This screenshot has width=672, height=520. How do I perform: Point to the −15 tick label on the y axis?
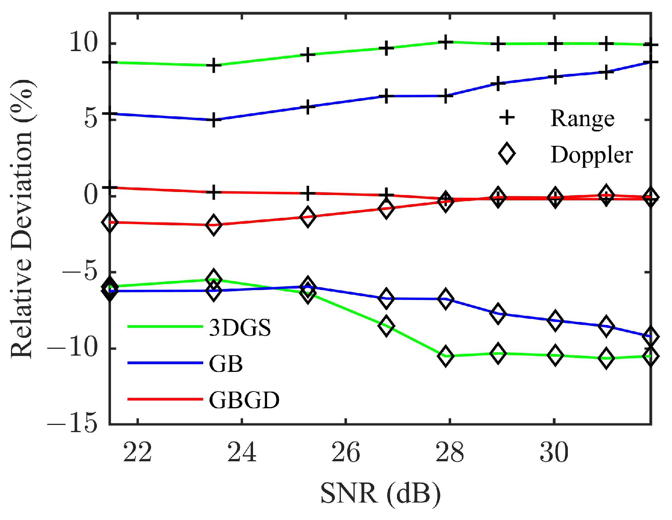click(72, 423)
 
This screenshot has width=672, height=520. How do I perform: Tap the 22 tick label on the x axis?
click(138, 452)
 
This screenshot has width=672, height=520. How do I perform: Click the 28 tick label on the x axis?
click(450, 452)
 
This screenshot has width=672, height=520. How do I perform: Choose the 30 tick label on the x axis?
click(554, 452)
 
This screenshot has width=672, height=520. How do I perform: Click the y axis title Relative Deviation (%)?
click(22, 219)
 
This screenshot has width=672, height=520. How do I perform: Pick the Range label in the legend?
click(582, 119)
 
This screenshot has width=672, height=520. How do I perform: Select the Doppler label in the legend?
click(591, 155)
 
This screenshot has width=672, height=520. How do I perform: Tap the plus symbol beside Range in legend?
click(507, 118)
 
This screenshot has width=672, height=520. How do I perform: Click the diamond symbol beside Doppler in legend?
click(507, 154)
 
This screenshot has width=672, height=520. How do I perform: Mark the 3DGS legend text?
click(240, 328)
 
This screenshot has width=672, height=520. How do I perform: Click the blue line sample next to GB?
click(165, 363)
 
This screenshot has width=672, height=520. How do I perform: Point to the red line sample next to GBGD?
click(165, 399)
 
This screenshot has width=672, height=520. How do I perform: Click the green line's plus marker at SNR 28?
click(446, 42)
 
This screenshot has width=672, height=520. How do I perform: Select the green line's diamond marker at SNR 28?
click(446, 356)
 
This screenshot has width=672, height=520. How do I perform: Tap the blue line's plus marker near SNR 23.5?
click(214, 120)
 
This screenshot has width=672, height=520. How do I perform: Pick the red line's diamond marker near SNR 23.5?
click(214, 225)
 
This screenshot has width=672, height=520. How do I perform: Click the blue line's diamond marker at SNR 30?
click(555, 321)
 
